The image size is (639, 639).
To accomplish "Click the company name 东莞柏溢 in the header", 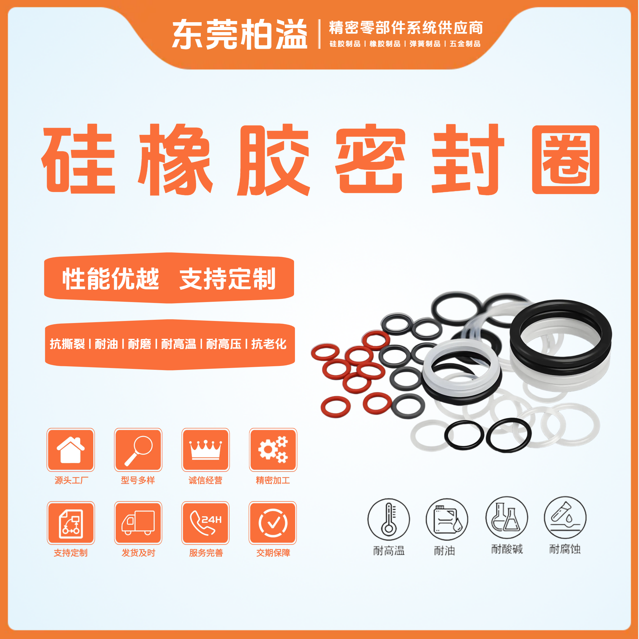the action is coord(240,34).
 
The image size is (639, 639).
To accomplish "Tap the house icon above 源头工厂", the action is coord(70,450).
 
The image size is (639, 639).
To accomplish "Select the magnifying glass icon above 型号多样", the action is coord(138,450).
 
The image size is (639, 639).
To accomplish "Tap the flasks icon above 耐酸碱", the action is coord(506,518).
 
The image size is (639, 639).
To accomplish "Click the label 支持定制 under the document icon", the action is coord(71,553).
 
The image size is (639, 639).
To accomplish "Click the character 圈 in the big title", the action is coord(566,159).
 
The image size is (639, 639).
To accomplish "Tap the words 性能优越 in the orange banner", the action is coord(111,278).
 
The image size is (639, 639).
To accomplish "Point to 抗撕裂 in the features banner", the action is coord(67,344).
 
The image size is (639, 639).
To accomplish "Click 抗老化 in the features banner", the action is coord(269,344).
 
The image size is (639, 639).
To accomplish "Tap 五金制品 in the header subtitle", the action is coord(465,44).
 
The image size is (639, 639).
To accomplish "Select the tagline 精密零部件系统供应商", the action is coord(406,28).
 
